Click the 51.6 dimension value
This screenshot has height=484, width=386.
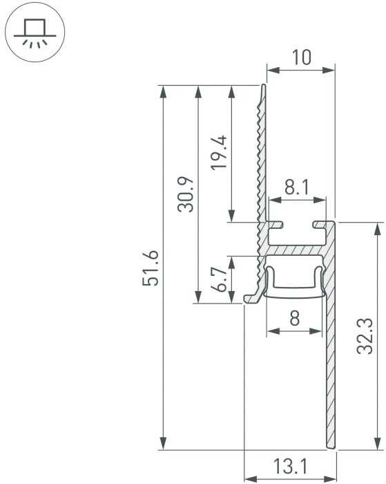click(x=151, y=268)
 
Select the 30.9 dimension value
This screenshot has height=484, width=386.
click(x=186, y=194)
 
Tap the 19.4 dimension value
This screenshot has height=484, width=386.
click(x=219, y=152)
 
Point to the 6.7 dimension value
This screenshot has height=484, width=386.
click(x=219, y=279)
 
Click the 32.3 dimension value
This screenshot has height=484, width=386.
click(x=365, y=336)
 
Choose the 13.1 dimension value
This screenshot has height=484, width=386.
click(x=290, y=467)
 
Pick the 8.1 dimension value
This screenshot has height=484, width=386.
click(x=297, y=187)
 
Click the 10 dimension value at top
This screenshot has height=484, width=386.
click(x=301, y=57)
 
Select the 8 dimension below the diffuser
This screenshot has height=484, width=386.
click(x=295, y=317)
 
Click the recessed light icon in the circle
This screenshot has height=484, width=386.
click(x=35, y=33)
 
